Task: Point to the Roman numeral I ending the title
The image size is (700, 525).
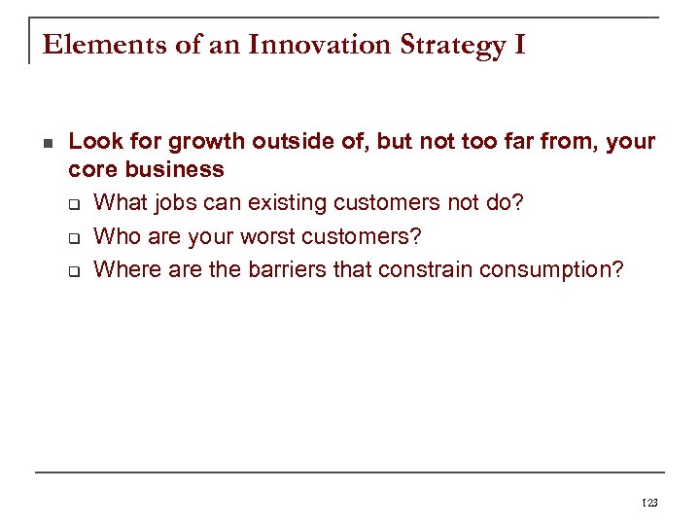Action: [517, 45]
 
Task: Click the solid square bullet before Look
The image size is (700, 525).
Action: [48, 142]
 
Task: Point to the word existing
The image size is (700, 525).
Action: [290, 203]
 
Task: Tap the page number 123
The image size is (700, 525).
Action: [649, 503]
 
